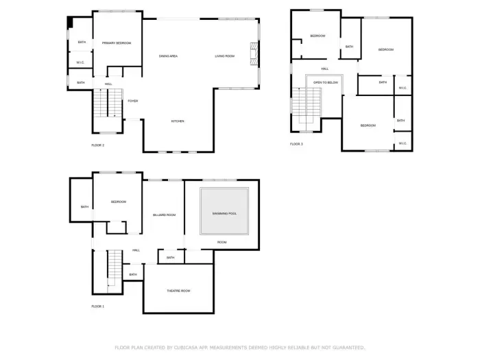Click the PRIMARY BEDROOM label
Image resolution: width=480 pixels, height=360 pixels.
pos(117,43)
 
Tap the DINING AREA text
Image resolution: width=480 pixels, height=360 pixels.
pos(169,56)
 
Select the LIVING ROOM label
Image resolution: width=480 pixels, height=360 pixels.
pos(224,56)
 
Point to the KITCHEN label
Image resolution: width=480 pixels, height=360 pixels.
pos(178,121)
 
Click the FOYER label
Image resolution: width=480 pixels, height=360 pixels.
pos(132,101)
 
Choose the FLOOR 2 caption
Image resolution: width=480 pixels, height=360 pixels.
pos(97,145)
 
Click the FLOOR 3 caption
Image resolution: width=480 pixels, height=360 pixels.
pos(296,144)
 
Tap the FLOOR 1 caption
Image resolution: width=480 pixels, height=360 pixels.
pos(97,306)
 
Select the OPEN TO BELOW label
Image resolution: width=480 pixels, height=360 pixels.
pos(326,82)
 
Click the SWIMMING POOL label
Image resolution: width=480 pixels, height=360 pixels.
pos(223,213)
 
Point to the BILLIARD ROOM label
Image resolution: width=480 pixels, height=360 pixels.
pos(164,215)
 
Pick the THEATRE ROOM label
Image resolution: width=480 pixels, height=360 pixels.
pos(178,291)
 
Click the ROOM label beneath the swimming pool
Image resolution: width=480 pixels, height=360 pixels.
pos(222,242)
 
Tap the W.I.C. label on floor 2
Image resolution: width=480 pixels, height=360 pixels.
pos(80,64)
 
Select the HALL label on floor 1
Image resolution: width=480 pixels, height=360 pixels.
pos(136,250)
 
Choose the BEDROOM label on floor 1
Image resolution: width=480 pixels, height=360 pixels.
pos(119,202)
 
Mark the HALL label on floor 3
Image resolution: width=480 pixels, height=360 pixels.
pos(324,69)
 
